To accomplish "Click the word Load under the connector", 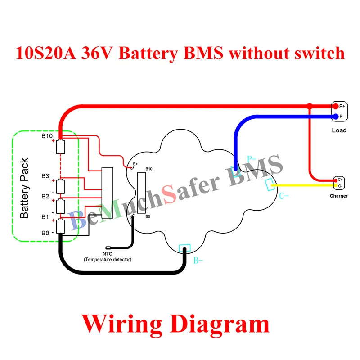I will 339,130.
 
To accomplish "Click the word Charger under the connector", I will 338,196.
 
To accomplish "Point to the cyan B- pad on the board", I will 185,248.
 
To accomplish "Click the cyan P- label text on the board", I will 252,159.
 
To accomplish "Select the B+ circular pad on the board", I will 131,167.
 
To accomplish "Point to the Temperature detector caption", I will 108,260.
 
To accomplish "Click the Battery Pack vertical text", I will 25,188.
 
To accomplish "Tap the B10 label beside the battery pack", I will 47,135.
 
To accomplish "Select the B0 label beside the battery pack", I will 45,233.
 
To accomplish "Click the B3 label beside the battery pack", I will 45,175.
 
